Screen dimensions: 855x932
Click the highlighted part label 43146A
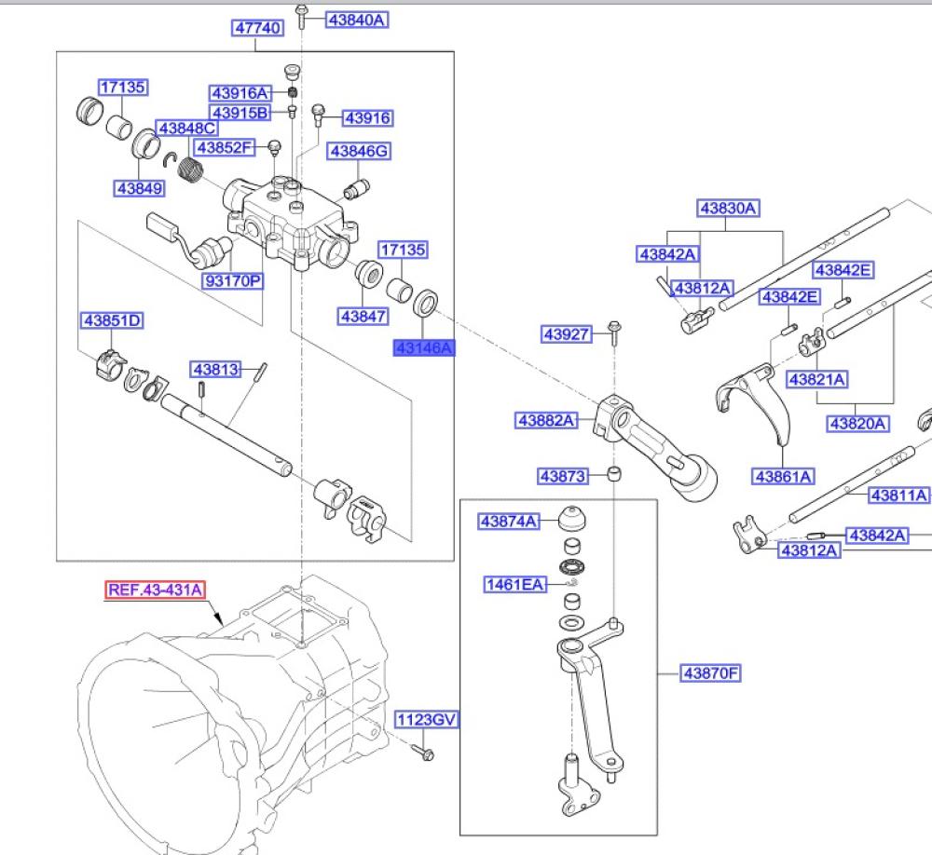pyautogui.click(x=423, y=347)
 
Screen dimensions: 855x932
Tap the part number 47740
pyautogui.click(x=257, y=29)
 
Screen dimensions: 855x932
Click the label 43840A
pyautogui.click(x=355, y=19)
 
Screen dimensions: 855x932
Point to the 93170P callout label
pyautogui.click(x=233, y=279)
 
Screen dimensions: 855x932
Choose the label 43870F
pyautogui.click(x=709, y=672)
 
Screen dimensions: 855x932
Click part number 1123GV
pyautogui.click(x=427, y=720)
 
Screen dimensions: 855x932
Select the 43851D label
pyautogui.click(x=113, y=321)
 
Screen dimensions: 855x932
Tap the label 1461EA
pyautogui.click(x=514, y=585)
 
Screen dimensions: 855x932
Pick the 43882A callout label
pyautogui.click(x=547, y=421)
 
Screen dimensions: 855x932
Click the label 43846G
pyautogui.click(x=359, y=151)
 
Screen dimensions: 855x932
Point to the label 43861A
pyautogui.click(x=783, y=477)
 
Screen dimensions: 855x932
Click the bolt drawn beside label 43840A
pyautogui.click(x=302, y=16)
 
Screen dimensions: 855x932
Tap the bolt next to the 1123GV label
pyautogui.click(x=421, y=751)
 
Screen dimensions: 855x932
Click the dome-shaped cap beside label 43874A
pyautogui.click(x=570, y=518)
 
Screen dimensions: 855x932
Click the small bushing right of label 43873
pyautogui.click(x=614, y=475)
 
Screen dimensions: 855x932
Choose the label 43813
pyautogui.click(x=213, y=370)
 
